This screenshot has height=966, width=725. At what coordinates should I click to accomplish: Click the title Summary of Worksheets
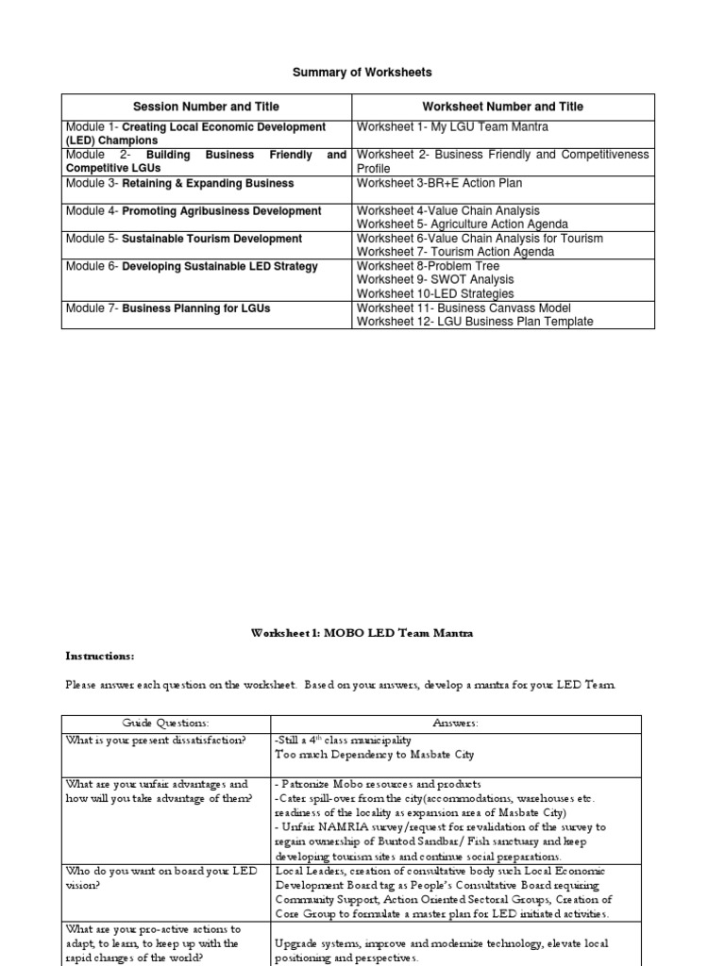(x=362, y=72)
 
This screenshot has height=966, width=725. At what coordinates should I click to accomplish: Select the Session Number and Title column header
(x=206, y=107)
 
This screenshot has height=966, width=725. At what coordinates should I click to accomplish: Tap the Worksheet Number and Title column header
(x=502, y=107)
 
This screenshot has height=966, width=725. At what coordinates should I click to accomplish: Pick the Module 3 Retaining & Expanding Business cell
(x=180, y=183)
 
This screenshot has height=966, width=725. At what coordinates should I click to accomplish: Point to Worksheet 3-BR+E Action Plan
(x=438, y=183)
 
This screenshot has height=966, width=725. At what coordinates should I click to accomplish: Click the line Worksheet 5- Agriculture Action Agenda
(x=462, y=225)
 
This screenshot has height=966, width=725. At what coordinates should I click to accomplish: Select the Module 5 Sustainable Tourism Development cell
(x=184, y=239)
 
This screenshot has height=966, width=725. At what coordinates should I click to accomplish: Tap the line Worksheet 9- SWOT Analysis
(x=434, y=280)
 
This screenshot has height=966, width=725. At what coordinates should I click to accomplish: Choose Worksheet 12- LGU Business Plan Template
(x=474, y=322)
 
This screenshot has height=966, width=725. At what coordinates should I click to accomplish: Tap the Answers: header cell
(x=456, y=724)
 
